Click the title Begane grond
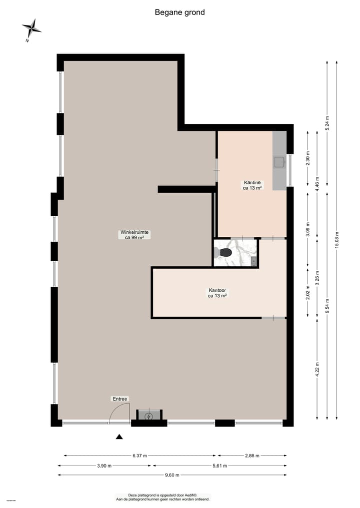(x=179, y=12)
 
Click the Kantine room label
(x=252, y=185)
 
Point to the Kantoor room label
(x=217, y=293)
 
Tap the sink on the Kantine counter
(x=278, y=161)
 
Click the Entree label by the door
(x=120, y=399)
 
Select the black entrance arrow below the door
(x=119, y=437)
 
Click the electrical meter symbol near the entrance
(x=148, y=416)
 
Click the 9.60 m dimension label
(x=172, y=475)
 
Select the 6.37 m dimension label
(x=139, y=456)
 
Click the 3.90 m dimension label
(x=103, y=466)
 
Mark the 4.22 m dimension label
(x=317, y=370)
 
